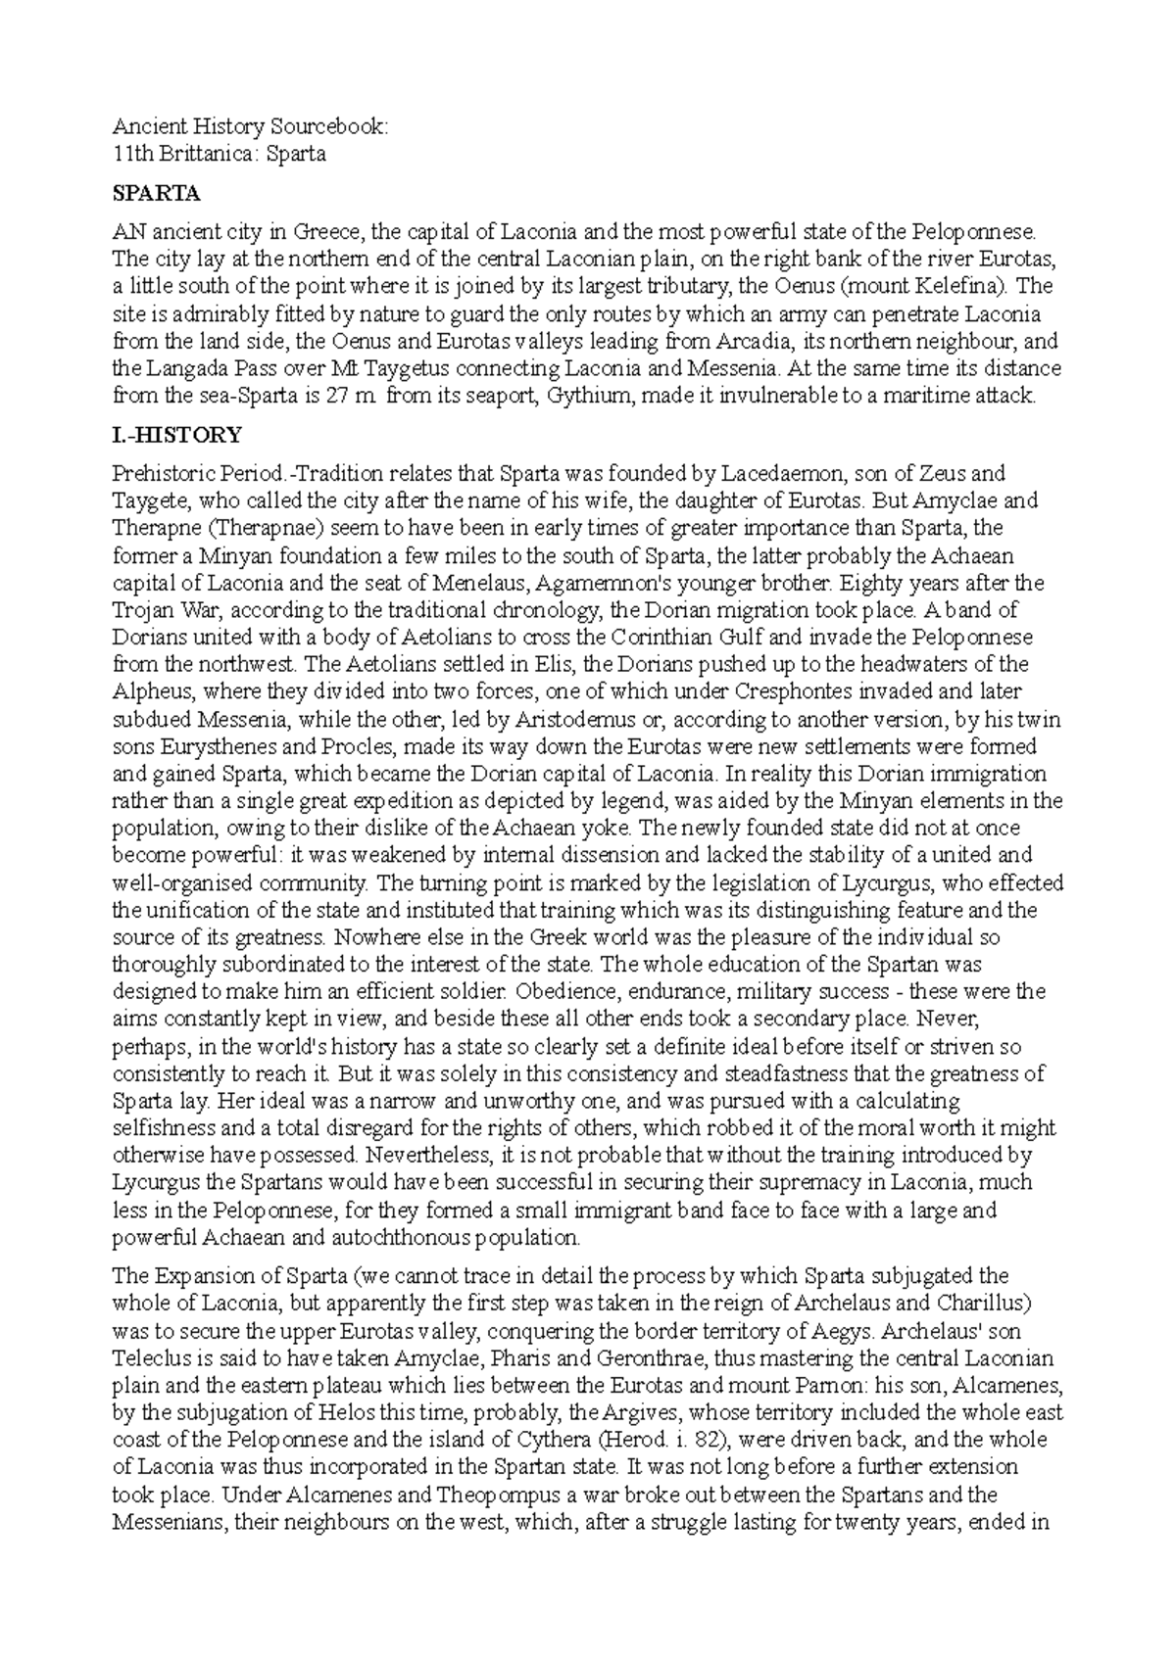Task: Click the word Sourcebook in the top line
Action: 337,126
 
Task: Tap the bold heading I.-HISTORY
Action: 177,434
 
